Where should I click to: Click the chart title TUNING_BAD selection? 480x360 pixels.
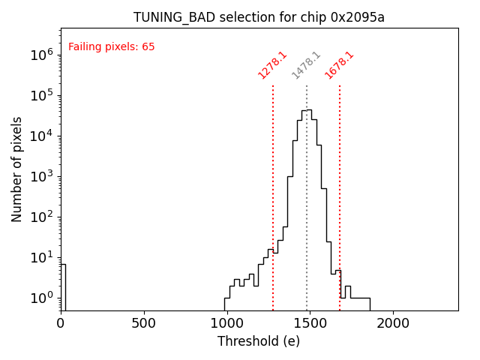pos(259,17)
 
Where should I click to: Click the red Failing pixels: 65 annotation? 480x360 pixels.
pos(111,47)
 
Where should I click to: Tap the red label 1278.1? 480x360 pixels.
pos(272,65)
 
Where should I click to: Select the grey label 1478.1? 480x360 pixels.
pos(306,65)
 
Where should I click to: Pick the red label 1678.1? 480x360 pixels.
pos(339,65)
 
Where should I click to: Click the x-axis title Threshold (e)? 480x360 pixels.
pos(259,341)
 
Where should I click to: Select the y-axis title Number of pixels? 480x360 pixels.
pos(17,169)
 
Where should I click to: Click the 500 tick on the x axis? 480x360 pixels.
pos(144,323)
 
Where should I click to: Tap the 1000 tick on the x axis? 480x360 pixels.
pos(227,323)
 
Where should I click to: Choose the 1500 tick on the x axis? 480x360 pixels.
pos(310,323)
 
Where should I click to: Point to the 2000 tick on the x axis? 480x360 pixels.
pos(393,323)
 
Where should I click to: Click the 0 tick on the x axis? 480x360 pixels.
pos(61,323)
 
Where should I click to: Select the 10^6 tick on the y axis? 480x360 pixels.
pos(40,55)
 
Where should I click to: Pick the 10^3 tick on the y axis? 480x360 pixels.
pos(40,176)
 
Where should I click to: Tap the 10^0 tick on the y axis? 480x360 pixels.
pos(40,298)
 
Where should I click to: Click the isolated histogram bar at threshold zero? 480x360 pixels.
pos(63,285)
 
